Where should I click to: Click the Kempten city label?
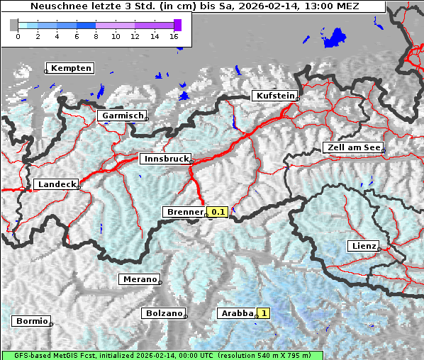click(x=71, y=68)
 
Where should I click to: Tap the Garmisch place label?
click(x=123, y=116)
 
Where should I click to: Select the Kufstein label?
click(x=274, y=96)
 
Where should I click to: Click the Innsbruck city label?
click(x=164, y=159)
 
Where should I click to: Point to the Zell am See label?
click(x=352, y=147)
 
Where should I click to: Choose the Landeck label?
click(x=56, y=184)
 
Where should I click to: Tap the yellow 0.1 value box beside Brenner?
click(x=217, y=212)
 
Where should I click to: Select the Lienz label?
click(x=362, y=246)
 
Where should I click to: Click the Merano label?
click(x=139, y=279)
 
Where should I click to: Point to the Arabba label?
click(x=236, y=313)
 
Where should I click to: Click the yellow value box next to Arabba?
click(x=264, y=313)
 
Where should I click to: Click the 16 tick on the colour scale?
click(x=174, y=36)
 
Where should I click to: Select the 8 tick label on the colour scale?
click(x=96, y=36)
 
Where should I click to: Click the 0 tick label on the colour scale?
click(x=18, y=36)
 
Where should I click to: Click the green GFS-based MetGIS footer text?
click(x=162, y=355)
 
